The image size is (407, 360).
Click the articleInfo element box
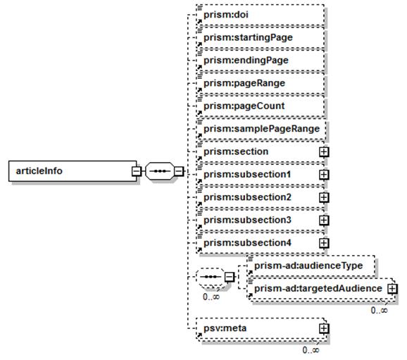[73, 171]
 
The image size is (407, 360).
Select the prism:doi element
[261, 15]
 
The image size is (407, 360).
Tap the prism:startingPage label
[248, 37]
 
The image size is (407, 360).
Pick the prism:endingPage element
[261, 61]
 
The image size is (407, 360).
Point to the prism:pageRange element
[261, 83]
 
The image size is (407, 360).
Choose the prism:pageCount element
[261, 106]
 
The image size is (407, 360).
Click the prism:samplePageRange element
[261, 129]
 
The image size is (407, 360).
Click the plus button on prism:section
[324, 152]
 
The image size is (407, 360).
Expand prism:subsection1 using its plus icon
[324, 175]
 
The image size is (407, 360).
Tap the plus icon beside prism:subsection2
[324, 198]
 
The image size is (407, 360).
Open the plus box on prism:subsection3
[324, 221]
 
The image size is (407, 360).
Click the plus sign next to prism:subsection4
[324, 243]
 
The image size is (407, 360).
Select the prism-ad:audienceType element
[311, 266]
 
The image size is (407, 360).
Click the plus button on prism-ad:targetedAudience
[392, 289]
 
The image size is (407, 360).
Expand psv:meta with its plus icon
[324, 328]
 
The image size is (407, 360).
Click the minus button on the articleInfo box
[137, 171]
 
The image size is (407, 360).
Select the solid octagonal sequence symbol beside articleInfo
[159, 171]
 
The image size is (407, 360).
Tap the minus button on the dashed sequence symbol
[229, 277]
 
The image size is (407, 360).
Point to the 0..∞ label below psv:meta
[311, 350]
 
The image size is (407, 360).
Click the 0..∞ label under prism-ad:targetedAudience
[380, 310]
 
